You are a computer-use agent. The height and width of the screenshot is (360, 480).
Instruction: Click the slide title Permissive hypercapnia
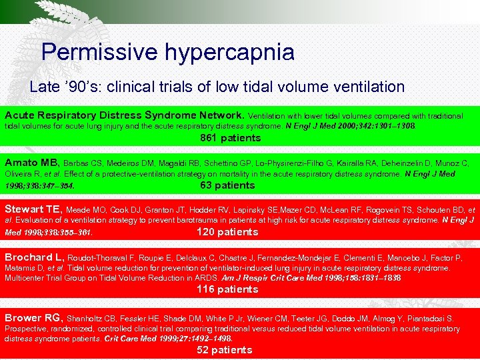pyautogui.click(x=167, y=52)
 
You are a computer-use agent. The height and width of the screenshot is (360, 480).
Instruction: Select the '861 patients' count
pyautogui.click(x=231, y=138)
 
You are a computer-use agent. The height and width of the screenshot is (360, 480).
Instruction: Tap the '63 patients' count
pyautogui.click(x=227, y=185)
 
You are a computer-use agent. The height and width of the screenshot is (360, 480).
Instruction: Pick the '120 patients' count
pyautogui.click(x=227, y=232)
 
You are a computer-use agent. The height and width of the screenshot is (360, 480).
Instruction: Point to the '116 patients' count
pyautogui.click(x=227, y=289)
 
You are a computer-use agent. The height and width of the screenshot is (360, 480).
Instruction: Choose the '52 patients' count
pyautogui.click(x=224, y=349)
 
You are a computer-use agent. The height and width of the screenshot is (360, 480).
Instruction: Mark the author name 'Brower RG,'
pyautogui.click(x=33, y=318)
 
